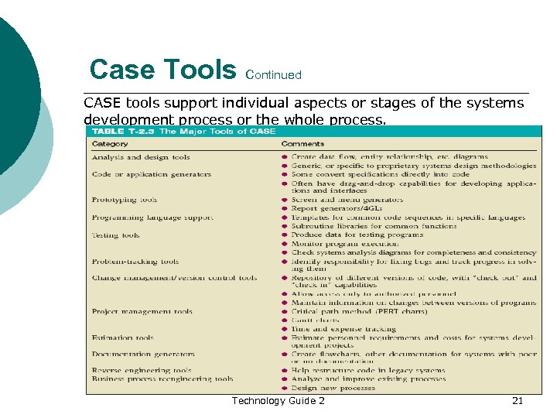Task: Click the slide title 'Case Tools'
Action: click(162, 70)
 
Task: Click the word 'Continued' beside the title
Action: click(272, 75)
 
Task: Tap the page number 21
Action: click(518, 400)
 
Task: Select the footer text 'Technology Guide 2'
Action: click(278, 400)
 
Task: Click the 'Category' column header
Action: click(110, 144)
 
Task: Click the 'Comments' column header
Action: click(302, 144)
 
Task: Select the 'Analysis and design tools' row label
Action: click(140, 157)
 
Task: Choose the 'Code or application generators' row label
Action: click(151, 174)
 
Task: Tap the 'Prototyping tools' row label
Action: click(124, 200)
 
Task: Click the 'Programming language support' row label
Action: click(152, 218)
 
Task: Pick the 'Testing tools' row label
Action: click(115, 235)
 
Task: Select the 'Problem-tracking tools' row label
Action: click(135, 262)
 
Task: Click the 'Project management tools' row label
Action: click(142, 312)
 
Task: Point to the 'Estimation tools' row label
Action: click(122, 337)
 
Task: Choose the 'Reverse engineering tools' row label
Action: click(141, 371)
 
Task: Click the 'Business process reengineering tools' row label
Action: click(162, 379)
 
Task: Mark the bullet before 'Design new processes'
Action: click(285, 388)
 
